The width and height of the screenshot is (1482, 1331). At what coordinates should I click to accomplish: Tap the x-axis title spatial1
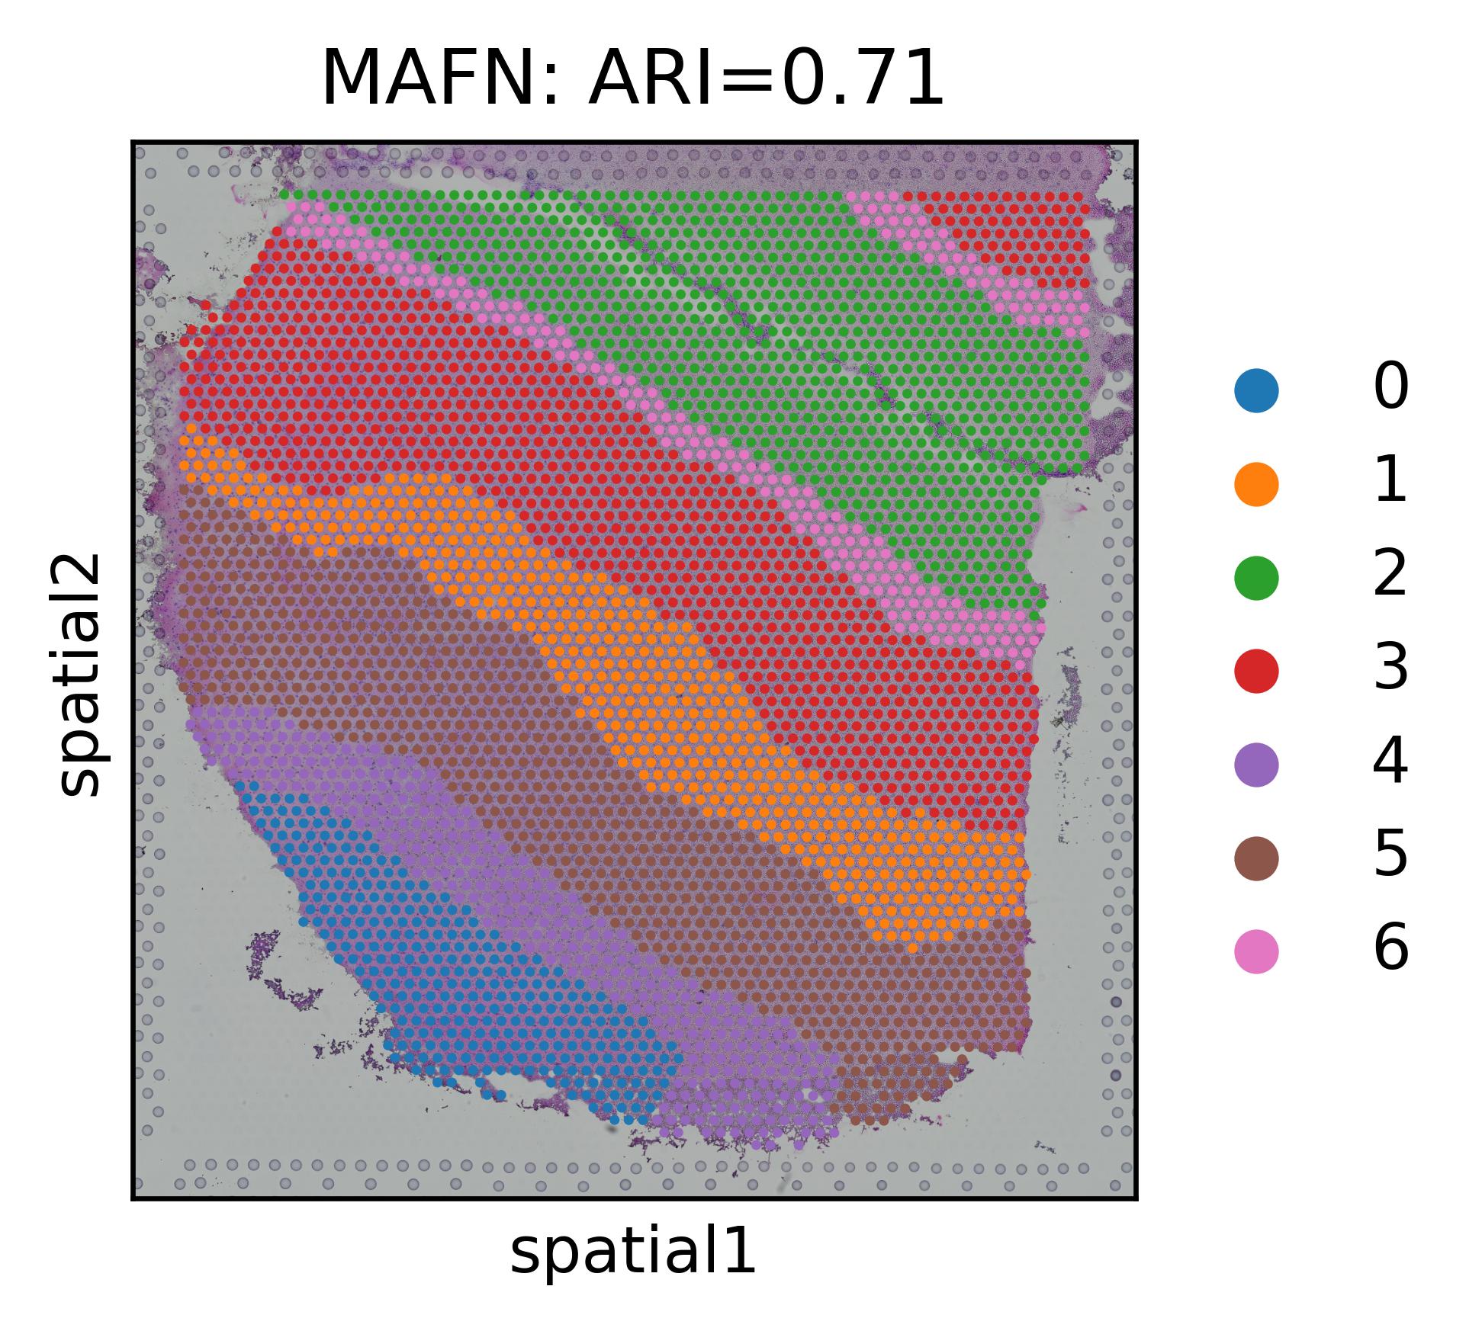632,1252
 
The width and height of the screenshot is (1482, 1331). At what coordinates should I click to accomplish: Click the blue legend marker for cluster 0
1256,390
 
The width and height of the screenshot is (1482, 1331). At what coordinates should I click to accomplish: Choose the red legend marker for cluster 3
1256,671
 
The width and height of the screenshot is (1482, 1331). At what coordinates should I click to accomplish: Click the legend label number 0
1390,388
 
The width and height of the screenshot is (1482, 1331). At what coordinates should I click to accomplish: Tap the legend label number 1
1391,482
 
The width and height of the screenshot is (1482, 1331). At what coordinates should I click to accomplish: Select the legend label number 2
1390,575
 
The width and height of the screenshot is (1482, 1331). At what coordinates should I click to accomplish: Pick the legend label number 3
1390,669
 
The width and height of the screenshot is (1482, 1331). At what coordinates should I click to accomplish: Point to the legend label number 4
1390,762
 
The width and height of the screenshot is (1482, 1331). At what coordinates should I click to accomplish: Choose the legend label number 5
1390,856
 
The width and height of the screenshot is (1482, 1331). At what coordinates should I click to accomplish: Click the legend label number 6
1390,950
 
